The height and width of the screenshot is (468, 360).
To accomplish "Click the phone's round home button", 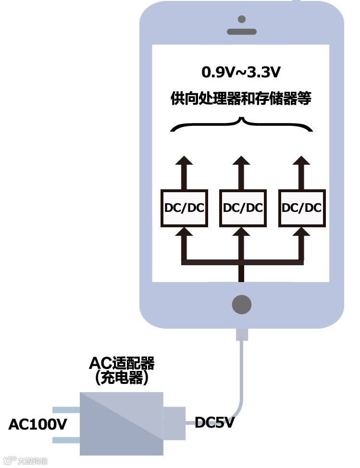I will [x=242, y=304].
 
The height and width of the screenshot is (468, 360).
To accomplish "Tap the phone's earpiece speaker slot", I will [x=242, y=32].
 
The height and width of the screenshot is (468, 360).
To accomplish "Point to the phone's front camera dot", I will [x=242, y=19].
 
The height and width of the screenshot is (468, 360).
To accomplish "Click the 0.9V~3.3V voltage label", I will [x=241, y=73].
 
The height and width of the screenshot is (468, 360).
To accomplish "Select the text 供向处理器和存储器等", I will [x=241, y=99].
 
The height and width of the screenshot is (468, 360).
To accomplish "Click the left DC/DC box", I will [x=184, y=208].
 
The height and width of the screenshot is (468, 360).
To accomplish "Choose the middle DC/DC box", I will [x=243, y=208].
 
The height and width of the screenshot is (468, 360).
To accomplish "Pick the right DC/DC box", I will [x=301, y=208].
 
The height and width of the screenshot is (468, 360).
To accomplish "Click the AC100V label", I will [x=37, y=424].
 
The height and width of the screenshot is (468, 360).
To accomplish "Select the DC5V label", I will [x=214, y=423].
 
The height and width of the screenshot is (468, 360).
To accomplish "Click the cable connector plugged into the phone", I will [x=242, y=334].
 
